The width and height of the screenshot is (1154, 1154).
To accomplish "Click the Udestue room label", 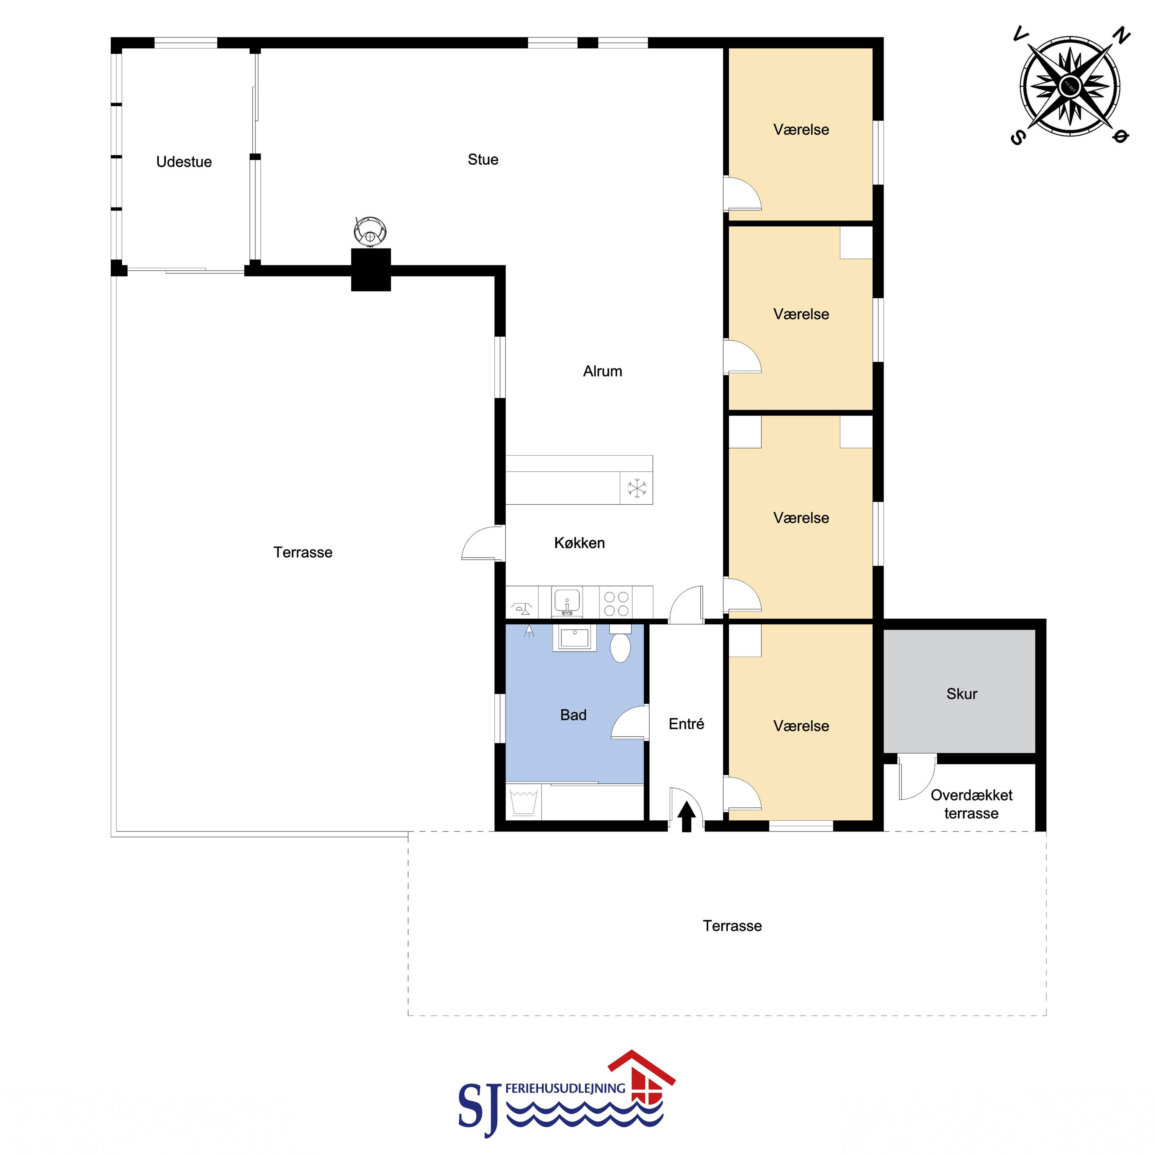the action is point(184,162).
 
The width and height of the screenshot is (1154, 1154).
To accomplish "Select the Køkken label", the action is point(579,543).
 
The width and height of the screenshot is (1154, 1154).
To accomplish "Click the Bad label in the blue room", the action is point(573,715).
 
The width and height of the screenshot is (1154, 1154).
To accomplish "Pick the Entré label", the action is point(686,724).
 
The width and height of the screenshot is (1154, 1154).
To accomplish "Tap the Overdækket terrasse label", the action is point(971,804).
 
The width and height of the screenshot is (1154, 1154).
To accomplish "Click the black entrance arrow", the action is point(686,816).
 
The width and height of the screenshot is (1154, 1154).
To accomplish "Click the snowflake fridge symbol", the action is point(637,488).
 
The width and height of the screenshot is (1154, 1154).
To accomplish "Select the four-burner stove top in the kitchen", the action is point(616,603).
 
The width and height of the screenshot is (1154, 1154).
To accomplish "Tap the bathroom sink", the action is point(575,638).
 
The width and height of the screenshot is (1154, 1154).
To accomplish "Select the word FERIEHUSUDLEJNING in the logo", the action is point(565,1088).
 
